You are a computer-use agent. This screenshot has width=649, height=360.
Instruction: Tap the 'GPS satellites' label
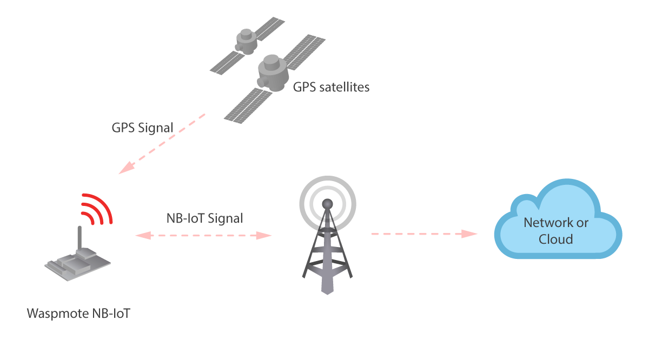click(x=331, y=86)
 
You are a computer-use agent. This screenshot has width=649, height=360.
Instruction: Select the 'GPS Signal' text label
click(x=142, y=128)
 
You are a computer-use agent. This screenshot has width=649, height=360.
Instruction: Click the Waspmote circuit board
click(x=78, y=264)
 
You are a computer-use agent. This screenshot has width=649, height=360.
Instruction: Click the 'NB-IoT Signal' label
click(x=204, y=218)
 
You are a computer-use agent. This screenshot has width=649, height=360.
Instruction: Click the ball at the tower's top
click(x=327, y=204)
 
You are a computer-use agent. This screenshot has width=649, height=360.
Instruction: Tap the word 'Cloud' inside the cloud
click(x=555, y=238)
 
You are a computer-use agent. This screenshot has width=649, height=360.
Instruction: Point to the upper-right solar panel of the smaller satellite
click(x=269, y=28)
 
